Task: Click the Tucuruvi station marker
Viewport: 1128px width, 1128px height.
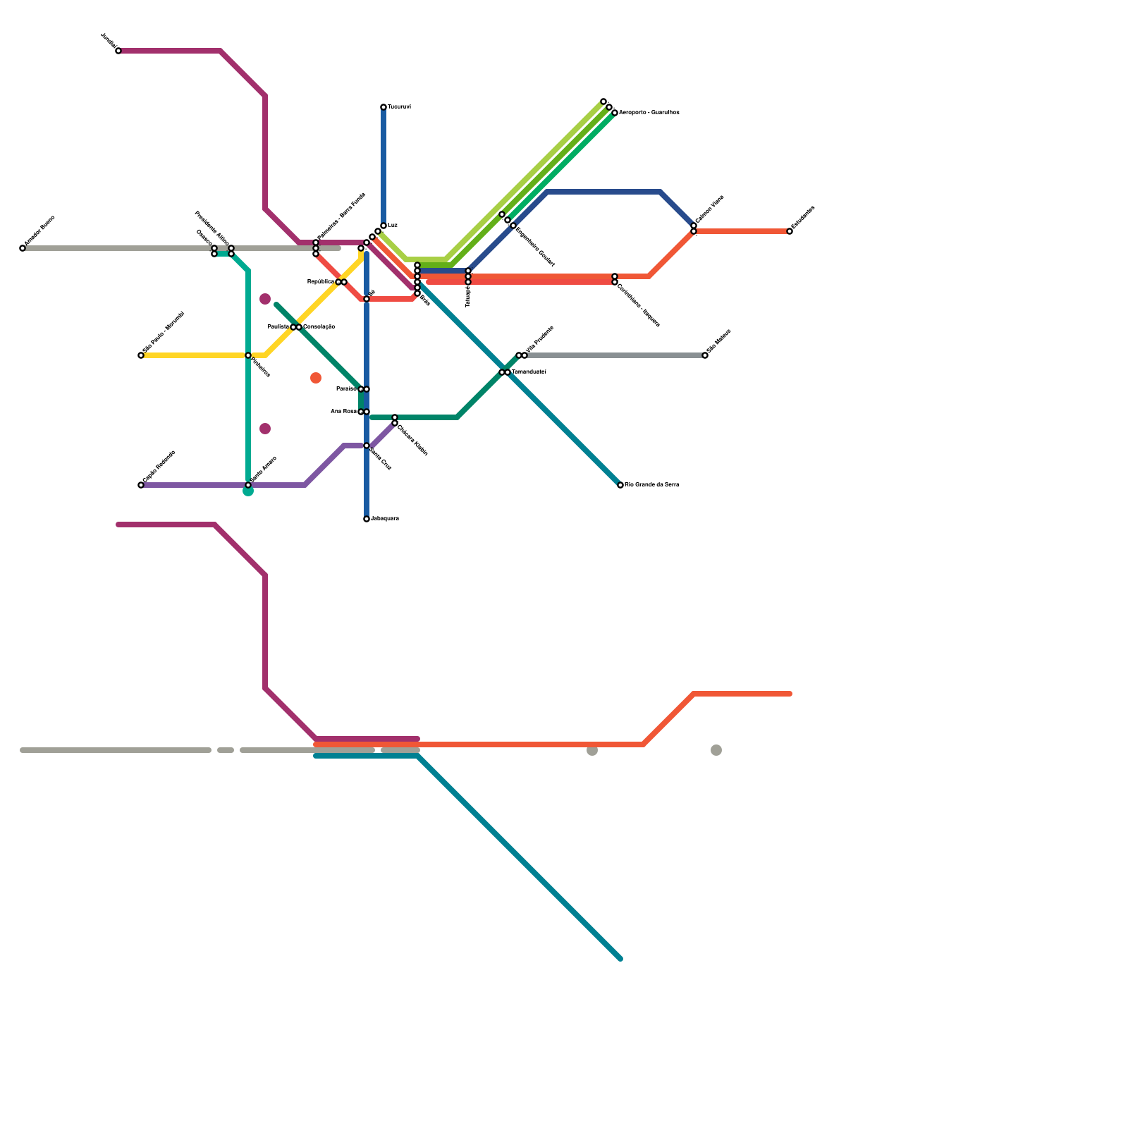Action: click(x=384, y=107)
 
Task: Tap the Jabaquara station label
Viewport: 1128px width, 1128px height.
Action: click(x=385, y=519)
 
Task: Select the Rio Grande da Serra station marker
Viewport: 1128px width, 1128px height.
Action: click(x=620, y=485)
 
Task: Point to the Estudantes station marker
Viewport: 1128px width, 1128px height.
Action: click(x=790, y=231)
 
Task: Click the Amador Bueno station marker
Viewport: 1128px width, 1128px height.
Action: click(x=23, y=248)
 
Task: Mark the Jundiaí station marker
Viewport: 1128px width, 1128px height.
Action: click(x=118, y=51)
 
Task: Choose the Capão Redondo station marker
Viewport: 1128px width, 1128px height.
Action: click(x=141, y=485)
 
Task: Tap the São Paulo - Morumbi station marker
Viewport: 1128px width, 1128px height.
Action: click(x=141, y=355)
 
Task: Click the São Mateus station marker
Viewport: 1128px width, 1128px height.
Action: click(x=705, y=355)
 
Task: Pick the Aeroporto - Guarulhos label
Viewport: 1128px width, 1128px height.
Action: click(x=649, y=113)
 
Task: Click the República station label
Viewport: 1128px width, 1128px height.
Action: click(x=321, y=282)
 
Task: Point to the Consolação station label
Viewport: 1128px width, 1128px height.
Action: click(x=319, y=327)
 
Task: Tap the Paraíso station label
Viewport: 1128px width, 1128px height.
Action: click(x=346, y=389)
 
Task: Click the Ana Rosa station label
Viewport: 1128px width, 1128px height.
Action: click(x=343, y=412)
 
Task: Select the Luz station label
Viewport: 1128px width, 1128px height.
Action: click(x=393, y=225)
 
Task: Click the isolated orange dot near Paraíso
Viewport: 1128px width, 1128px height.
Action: click(x=316, y=378)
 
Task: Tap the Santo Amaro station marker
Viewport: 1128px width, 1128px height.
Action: click(x=248, y=485)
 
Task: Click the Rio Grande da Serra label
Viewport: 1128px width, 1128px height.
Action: click(x=652, y=485)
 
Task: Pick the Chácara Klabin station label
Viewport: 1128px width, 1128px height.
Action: click(x=412, y=439)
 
